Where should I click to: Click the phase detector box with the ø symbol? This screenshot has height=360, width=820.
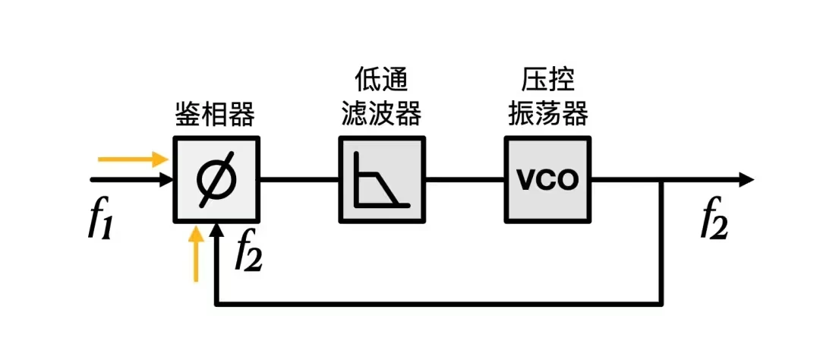tap(216, 180)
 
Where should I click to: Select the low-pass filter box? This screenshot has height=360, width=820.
tap(382, 180)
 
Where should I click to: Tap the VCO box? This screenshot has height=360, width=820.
tap(547, 180)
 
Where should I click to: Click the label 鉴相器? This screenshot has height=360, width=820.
tap(210, 115)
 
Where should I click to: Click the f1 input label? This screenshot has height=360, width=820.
tap(101, 220)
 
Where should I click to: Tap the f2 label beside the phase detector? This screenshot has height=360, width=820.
tap(248, 251)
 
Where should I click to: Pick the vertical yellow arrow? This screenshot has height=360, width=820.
tap(196, 254)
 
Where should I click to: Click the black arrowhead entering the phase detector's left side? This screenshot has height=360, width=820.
tap(165, 180)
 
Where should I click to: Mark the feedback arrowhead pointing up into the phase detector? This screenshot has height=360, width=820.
tap(217, 231)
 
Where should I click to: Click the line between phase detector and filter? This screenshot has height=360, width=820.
tap(299, 180)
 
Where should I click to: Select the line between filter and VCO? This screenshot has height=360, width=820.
tap(465, 180)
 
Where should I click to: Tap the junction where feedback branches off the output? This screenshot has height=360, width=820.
tap(663, 180)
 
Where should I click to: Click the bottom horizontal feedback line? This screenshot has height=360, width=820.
tap(440, 305)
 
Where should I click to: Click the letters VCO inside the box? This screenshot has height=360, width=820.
tap(547, 181)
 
